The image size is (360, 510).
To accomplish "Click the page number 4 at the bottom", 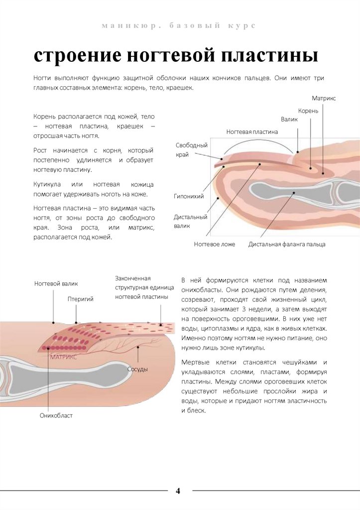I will pos(178,491).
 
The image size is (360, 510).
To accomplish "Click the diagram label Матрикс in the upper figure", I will pos(324,99).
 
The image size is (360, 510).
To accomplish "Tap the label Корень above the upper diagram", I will pos(308,111).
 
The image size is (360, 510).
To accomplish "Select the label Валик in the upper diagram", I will pos(289,120).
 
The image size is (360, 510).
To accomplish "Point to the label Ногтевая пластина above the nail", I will pos(252,132).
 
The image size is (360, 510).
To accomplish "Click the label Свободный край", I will pos(191,150).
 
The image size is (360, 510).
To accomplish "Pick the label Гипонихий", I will pos(189,197).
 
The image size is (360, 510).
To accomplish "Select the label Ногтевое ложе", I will pos(214,245).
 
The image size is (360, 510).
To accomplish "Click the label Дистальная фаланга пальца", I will pos(287,245).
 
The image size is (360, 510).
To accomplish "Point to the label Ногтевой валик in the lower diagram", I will pos(56,283).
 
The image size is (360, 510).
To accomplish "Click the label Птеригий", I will pos(81,299).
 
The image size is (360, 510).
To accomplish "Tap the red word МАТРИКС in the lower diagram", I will pos(63,358).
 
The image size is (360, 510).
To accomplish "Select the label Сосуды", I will pos(137,369).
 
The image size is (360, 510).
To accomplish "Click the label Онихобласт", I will pos(56,415).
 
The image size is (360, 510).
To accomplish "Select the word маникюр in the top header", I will pos(122,25).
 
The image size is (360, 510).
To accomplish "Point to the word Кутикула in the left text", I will pos(47,184).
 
